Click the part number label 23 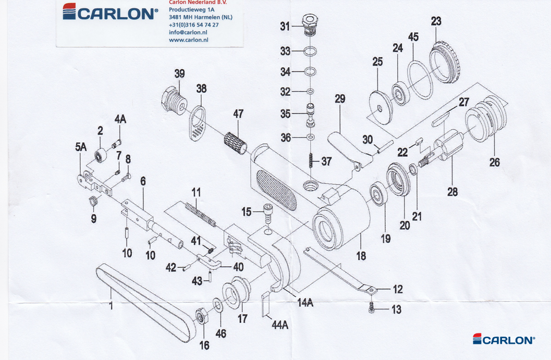tap(436, 21)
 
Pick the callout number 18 tap(361, 256)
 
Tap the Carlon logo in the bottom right tap(504, 340)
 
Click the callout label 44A tap(280, 325)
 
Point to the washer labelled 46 tap(216, 305)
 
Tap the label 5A tap(80, 147)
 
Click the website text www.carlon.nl tap(189, 40)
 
